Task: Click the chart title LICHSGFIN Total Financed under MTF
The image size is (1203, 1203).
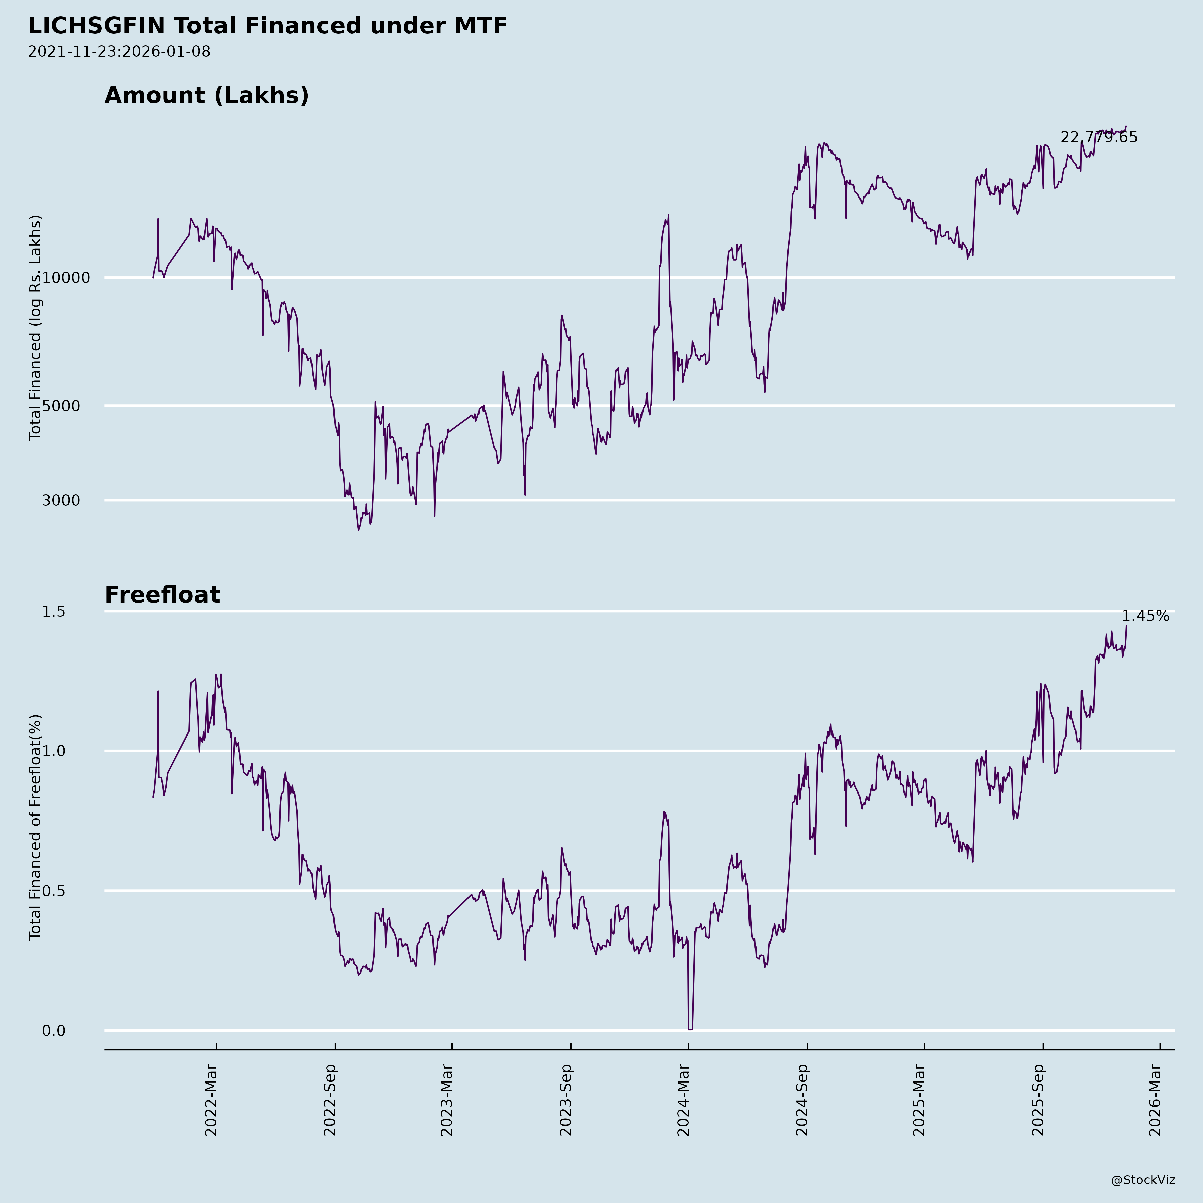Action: (268, 26)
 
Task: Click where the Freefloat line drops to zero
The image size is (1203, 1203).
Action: (690, 1029)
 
